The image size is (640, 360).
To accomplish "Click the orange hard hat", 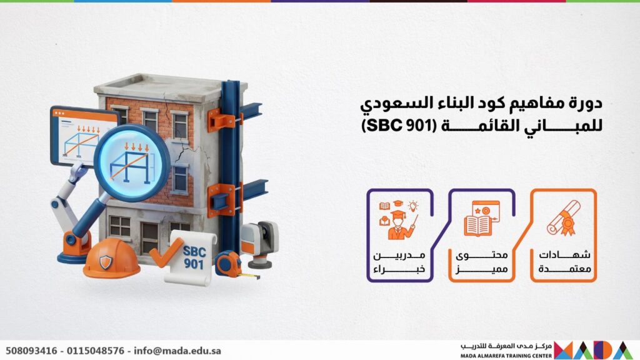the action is [x=111, y=258].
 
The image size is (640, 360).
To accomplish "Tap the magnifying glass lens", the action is [x=132, y=162].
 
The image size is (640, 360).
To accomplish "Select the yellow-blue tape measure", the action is [x=229, y=264].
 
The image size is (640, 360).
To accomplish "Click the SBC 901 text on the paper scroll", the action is [x=194, y=257].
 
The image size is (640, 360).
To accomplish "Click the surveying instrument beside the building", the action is [x=260, y=244].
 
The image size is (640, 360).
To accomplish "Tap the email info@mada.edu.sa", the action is [x=177, y=351].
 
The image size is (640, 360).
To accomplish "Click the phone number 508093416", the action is [x=31, y=351].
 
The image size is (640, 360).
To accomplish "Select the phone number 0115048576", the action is [x=96, y=351].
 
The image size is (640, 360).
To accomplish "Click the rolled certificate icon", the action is [x=564, y=218].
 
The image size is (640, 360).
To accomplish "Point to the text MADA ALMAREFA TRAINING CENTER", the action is [x=506, y=356].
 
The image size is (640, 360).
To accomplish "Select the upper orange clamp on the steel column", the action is [x=223, y=119].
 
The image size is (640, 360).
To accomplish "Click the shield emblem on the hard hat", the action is [x=105, y=262].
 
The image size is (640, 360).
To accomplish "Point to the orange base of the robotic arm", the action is [x=74, y=247].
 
